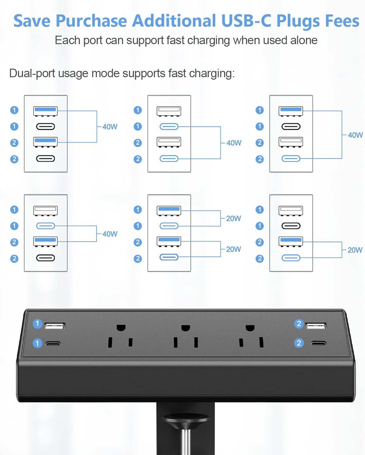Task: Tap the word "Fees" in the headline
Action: tap(342, 21)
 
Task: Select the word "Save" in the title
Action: tap(32, 21)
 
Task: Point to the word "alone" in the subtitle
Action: tap(302, 40)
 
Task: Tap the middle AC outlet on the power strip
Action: tap(185, 337)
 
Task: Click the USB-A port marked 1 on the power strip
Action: tap(55, 326)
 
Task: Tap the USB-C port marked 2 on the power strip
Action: tap(319, 343)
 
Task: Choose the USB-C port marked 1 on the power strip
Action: tap(53, 344)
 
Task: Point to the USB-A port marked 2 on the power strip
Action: tap(316, 326)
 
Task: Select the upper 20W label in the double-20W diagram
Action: tap(233, 218)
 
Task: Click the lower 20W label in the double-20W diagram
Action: tap(233, 249)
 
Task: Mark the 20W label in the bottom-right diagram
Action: tap(355, 250)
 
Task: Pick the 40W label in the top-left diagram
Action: tap(110, 127)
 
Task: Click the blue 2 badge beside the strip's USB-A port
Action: tap(299, 324)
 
